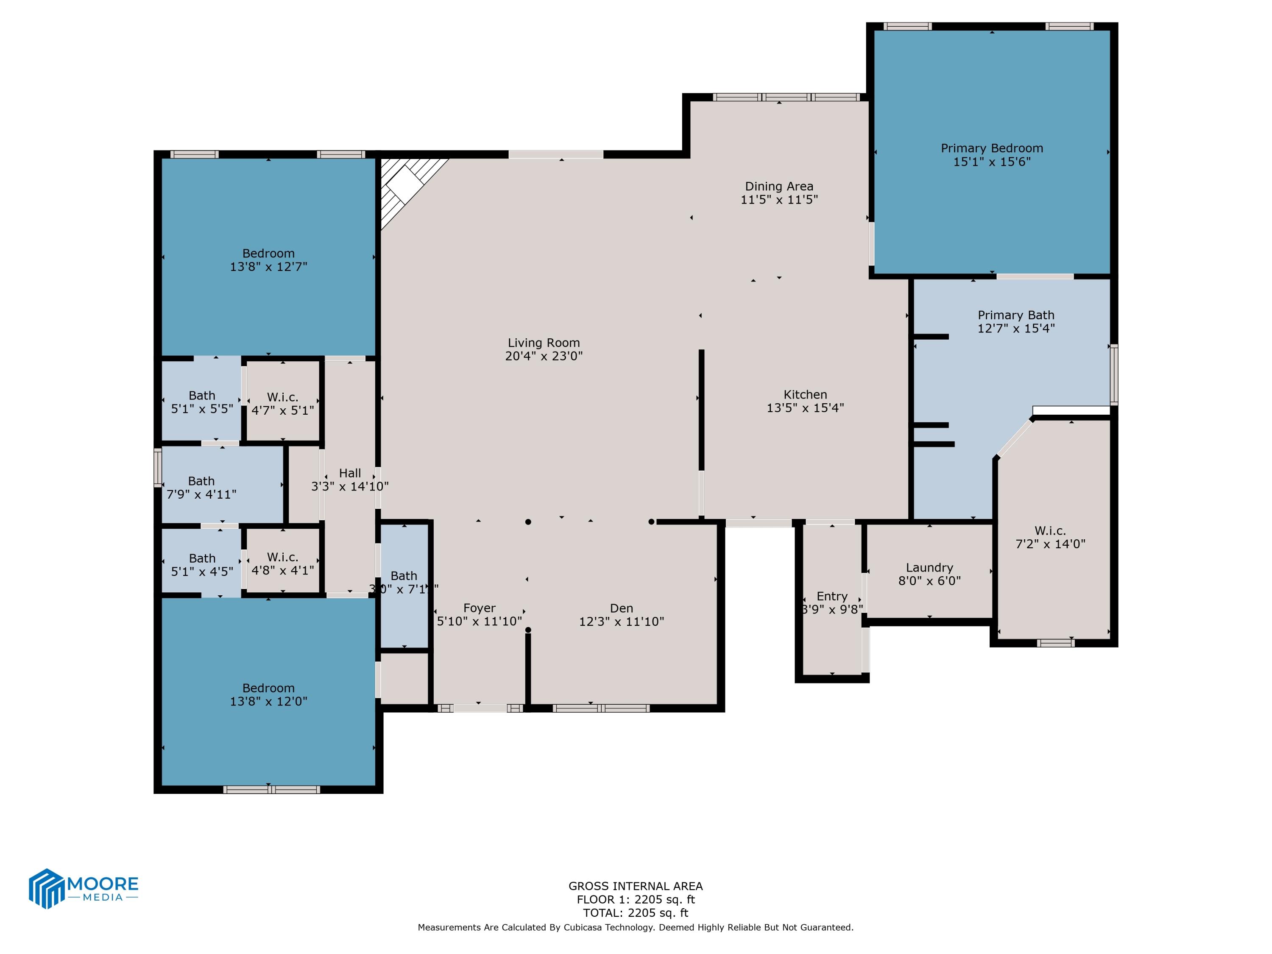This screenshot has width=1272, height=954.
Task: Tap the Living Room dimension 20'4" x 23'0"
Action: (544, 356)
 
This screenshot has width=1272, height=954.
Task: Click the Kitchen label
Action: (805, 394)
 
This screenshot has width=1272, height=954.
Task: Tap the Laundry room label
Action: (929, 568)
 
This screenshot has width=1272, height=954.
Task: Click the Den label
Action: (621, 608)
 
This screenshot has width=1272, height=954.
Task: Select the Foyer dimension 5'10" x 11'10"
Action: (479, 621)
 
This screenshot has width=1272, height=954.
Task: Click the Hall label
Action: (350, 473)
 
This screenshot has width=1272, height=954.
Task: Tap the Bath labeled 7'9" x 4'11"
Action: (201, 487)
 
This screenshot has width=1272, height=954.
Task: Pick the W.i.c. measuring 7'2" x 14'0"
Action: (1050, 537)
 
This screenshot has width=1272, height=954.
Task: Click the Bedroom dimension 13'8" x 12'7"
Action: (268, 267)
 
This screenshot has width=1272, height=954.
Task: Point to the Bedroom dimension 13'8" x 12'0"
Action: (268, 702)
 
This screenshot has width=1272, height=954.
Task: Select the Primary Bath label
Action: (1015, 315)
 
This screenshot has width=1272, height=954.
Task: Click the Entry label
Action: (831, 596)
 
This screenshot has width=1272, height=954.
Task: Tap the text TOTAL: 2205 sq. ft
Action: (636, 912)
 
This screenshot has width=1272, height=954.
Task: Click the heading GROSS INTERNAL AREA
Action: (636, 886)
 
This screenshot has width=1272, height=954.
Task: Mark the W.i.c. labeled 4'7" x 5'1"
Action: (282, 404)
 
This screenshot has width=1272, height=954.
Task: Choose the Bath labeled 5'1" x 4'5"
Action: (202, 565)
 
